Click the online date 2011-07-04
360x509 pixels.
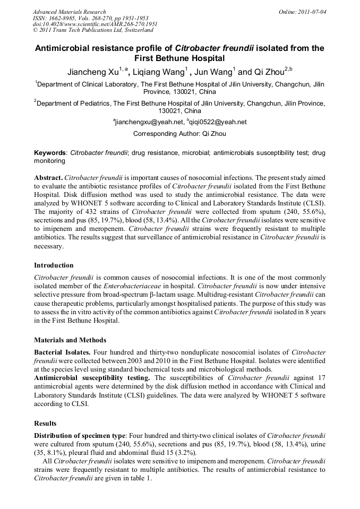[x=311, y=12]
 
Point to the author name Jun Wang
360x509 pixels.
[x=212, y=72]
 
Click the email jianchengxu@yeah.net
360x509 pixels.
[x=149, y=122]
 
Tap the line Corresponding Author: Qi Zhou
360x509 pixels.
[x=179, y=134]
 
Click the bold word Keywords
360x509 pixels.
[x=50, y=153]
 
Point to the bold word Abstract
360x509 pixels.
[x=48, y=178]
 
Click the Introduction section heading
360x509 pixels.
[x=54, y=265]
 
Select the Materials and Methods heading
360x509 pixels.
[x=70, y=340]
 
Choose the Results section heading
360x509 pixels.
[x=46, y=423]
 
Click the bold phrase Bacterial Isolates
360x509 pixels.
[x=63, y=352]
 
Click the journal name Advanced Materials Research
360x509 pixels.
[x=70, y=12]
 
